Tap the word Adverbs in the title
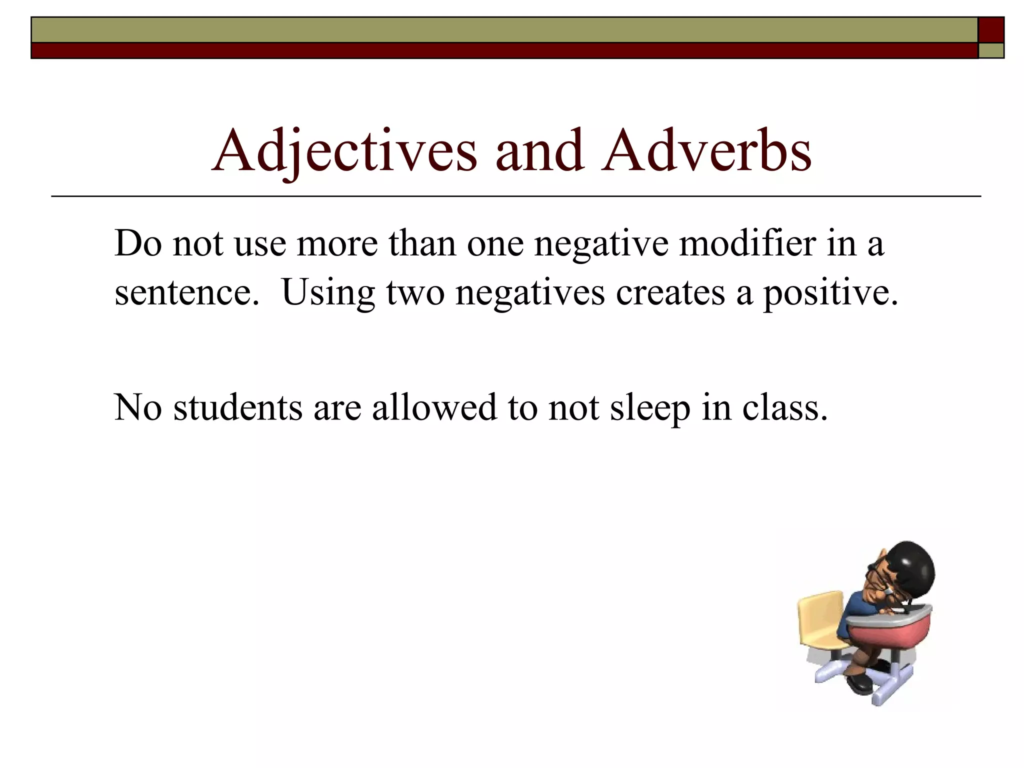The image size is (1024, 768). point(706,150)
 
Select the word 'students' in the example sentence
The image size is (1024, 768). point(238,407)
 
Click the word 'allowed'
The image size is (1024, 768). point(434,407)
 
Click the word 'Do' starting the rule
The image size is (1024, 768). point(138,244)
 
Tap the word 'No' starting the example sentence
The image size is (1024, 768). point(138,407)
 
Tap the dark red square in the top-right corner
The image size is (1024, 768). point(991,30)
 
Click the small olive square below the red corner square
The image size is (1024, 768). point(991,50)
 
